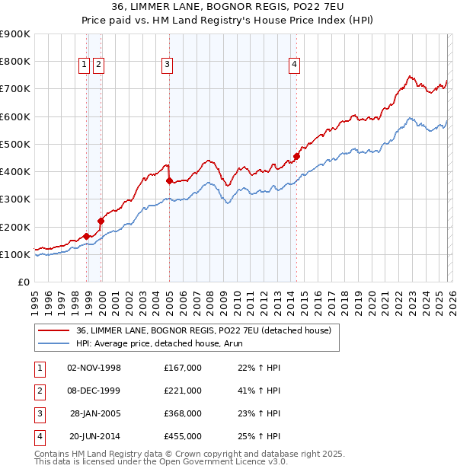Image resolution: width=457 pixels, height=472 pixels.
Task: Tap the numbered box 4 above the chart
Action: point(293,65)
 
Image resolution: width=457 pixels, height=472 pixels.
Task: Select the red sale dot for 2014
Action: point(296,156)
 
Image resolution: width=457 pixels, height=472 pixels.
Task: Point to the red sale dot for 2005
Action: point(169,180)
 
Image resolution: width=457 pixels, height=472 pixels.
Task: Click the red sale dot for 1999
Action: point(101,221)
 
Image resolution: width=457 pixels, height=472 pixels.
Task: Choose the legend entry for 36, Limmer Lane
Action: point(203,330)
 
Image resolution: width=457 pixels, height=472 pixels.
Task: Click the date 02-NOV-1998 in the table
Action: point(94,368)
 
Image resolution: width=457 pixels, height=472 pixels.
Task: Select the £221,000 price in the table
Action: point(183,391)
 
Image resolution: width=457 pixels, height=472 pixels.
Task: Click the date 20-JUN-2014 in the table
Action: point(94,436)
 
